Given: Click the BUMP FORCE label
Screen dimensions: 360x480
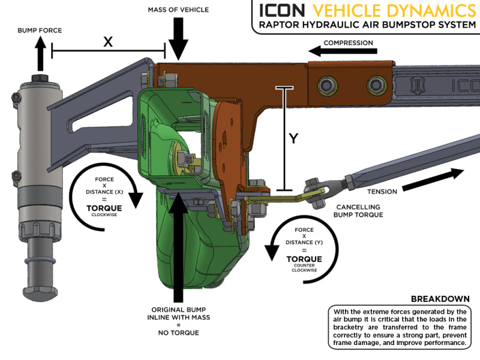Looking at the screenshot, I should tap(39, 29).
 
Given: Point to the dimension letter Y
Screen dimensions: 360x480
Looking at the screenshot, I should tap(293, 139).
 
